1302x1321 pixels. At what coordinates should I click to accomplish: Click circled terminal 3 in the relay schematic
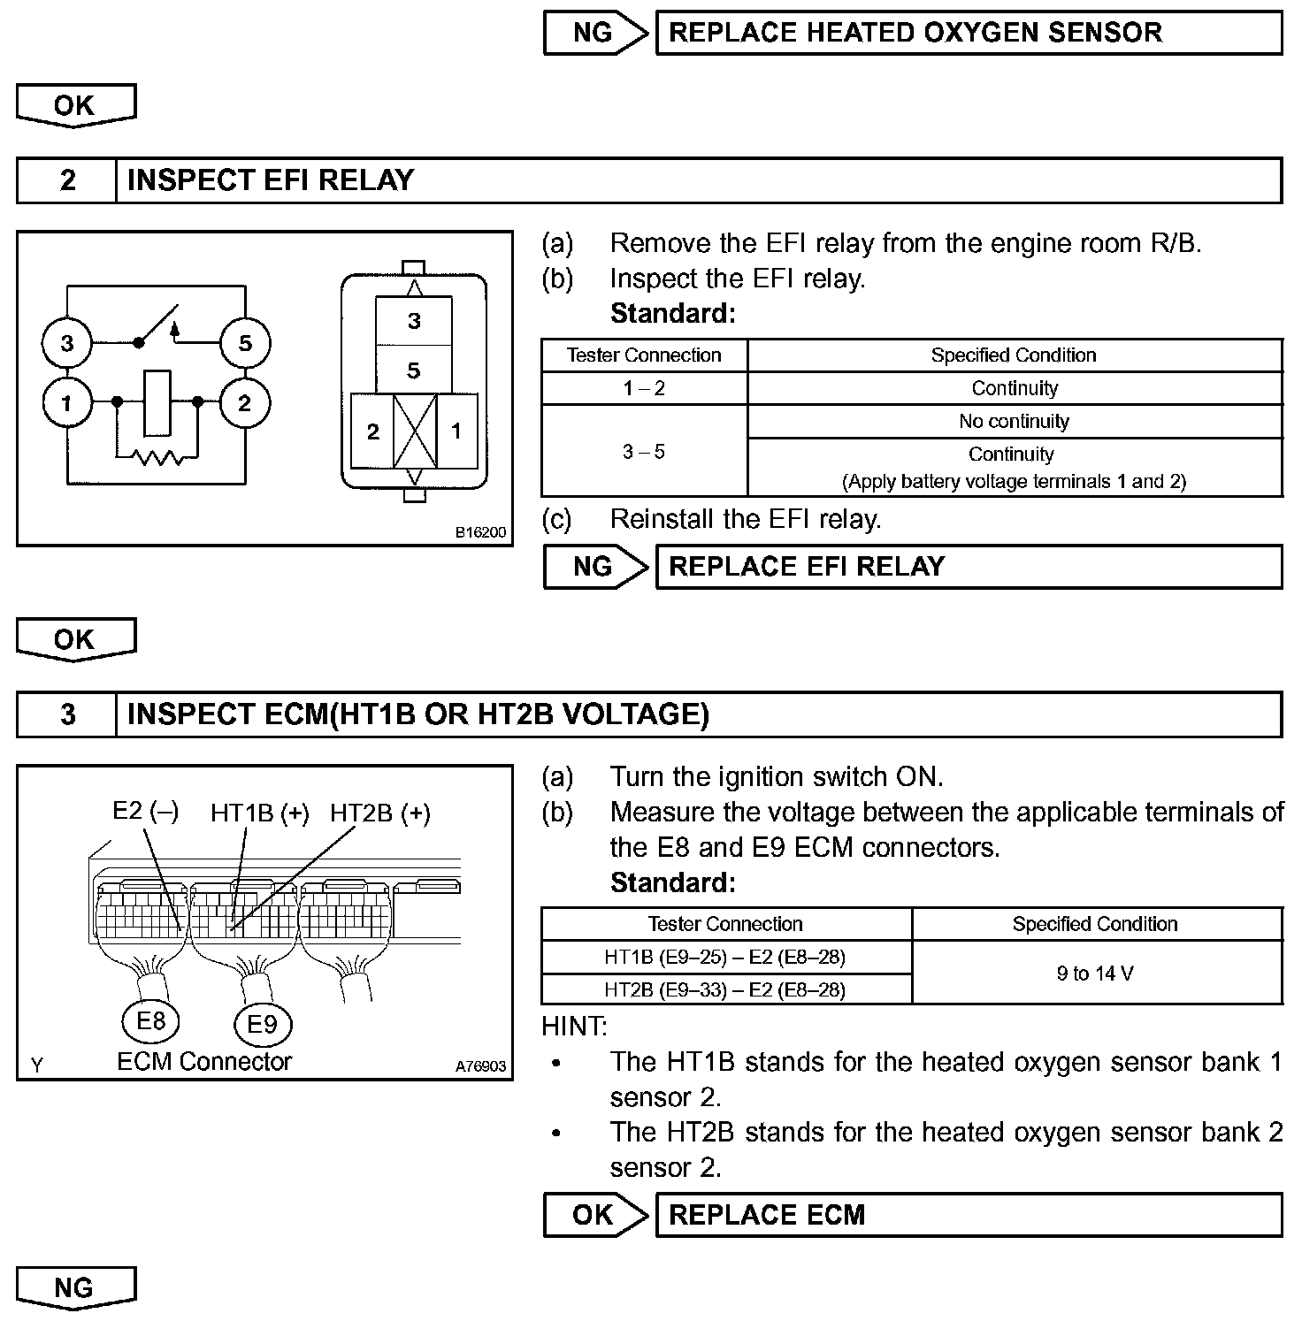(67, 343)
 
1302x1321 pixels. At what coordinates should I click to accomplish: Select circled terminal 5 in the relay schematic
(245, 343)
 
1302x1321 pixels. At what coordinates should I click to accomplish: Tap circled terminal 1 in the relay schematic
(67, 404)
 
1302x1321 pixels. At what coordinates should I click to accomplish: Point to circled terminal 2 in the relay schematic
(245, 404)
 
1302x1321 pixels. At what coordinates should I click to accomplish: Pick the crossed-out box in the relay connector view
(415, 431)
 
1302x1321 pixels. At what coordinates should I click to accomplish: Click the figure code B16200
(480, 532)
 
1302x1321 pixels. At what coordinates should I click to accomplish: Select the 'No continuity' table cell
(1014, 422)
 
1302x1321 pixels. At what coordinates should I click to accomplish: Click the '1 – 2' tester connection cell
(644, 388)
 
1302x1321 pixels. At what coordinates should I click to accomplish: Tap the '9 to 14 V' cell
(1095, 974)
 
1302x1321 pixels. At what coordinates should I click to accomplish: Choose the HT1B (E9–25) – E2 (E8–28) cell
(725, 957)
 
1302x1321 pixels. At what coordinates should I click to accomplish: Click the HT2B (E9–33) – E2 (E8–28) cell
(725, 989)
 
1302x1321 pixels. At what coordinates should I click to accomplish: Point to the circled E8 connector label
(150, 1021)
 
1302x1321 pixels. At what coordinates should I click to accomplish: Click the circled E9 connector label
(262, 1024)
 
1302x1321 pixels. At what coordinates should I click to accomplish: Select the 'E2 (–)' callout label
(145, 811)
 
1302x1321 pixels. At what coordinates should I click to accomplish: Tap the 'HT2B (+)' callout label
(380, 813)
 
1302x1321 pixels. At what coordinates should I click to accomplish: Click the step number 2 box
(67, 180)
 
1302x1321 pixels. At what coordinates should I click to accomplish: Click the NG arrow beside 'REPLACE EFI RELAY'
(594, 567)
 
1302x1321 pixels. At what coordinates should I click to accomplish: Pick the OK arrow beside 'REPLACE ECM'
(594, 1215)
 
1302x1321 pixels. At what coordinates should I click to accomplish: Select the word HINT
(574, 1027)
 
